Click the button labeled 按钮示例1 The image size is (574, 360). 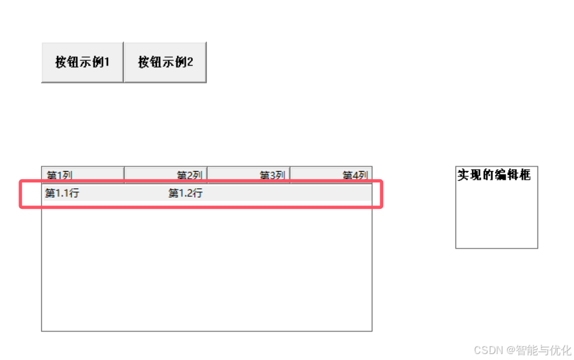click(82, 62)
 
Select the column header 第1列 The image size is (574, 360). click(59, 175)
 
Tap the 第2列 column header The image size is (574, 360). click(189, 175)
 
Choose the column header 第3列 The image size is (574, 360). click(272, 175)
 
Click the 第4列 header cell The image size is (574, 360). click(355, 175)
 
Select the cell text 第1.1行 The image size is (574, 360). click(62, 194)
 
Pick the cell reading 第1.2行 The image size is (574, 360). click(186, 194)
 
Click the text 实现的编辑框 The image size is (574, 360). click(494, 175)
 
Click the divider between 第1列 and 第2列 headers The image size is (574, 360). click(124, 174)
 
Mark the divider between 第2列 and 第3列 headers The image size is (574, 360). click(207, 174)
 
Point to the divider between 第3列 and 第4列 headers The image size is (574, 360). click(290, 174)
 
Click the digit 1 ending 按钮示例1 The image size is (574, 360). click(106, 62)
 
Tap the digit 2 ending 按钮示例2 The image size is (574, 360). click(190, 62)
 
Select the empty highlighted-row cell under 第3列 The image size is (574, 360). click(249, 194)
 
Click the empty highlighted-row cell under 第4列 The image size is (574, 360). click(331, 194)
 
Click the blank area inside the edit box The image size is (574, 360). click(496, 215)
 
